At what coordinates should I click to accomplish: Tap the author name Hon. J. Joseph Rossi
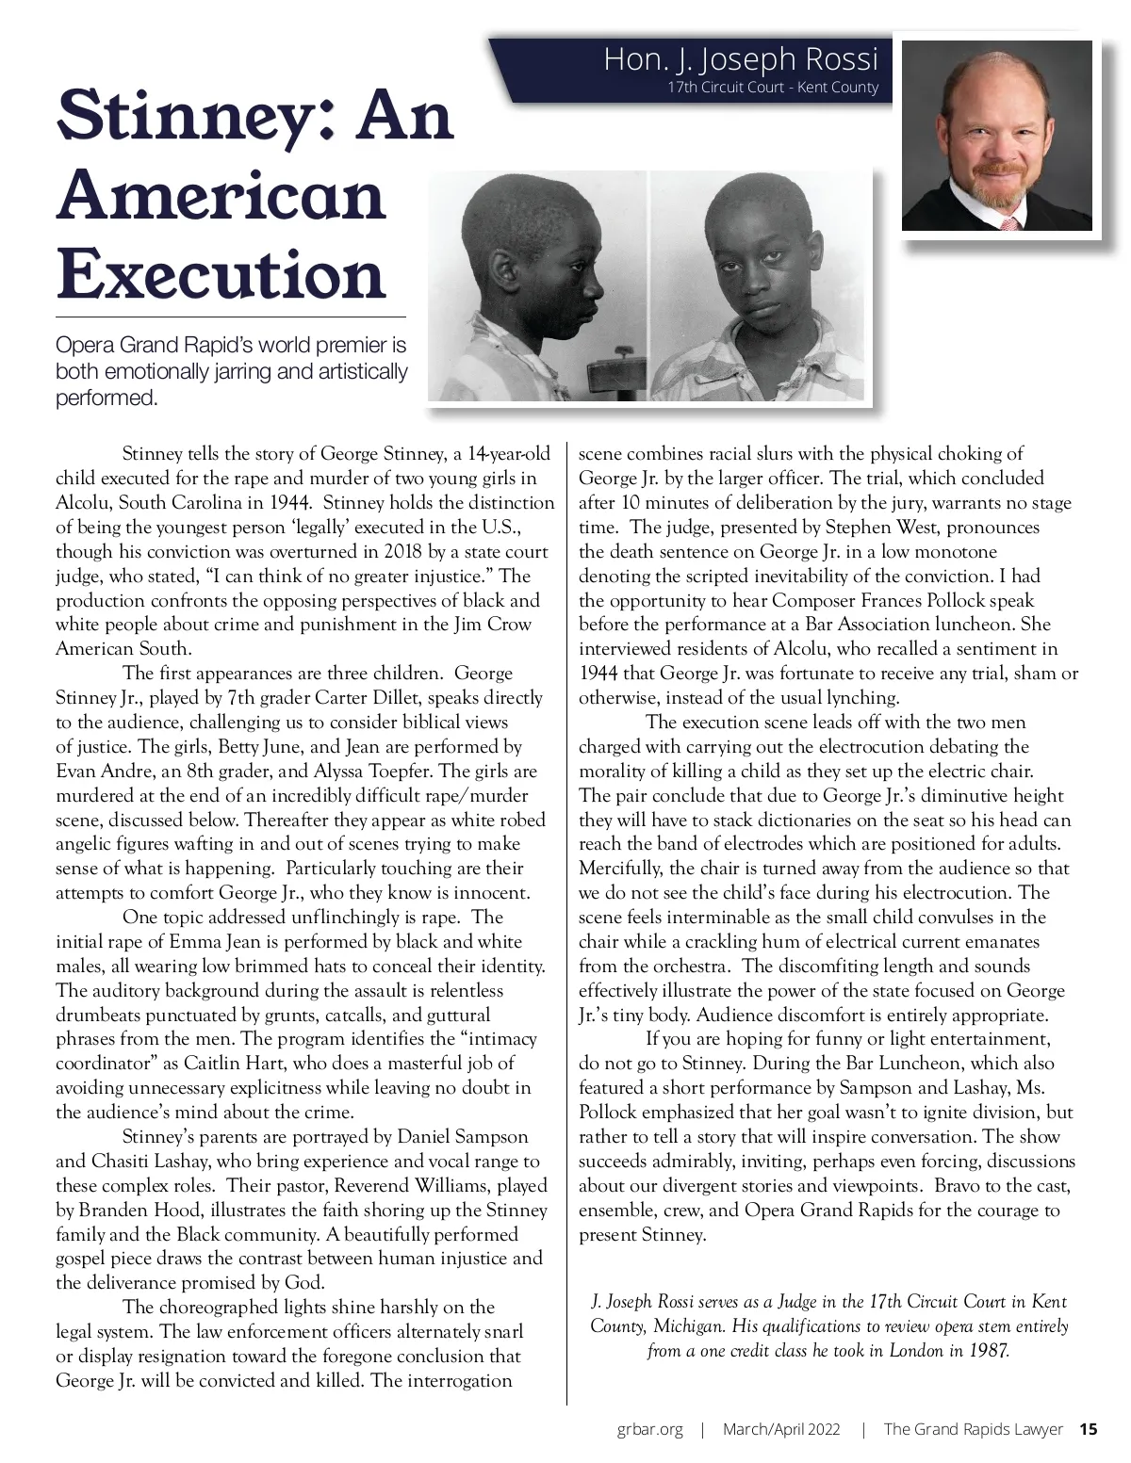[740, 60]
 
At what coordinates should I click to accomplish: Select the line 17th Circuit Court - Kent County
[772, 88]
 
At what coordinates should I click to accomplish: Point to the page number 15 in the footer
[1089, 1429]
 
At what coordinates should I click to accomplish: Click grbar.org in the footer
[649, 1429]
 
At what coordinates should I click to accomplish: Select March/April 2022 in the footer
[781, 1429]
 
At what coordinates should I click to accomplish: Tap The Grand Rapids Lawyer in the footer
[973, 1429]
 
